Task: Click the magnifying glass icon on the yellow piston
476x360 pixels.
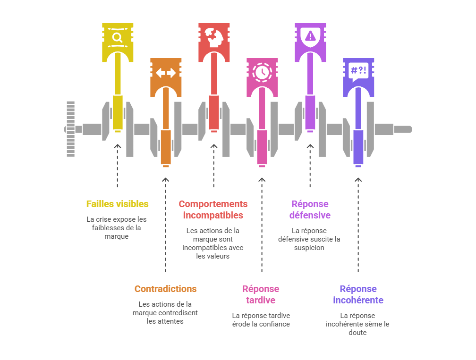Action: pos(118,37)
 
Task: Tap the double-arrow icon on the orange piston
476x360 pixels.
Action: pos(166,73)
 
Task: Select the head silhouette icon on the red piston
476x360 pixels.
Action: pos(214,36)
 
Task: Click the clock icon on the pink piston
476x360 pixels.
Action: pos(262,72)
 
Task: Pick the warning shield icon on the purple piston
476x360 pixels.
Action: pos(310,36)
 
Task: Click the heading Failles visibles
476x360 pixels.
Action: pos(117,204)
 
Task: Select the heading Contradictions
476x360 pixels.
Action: pos(165,289)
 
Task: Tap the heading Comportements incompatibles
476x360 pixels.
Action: pos(213,209)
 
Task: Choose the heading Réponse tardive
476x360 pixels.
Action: pos(261,294)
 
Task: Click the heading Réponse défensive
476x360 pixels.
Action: pos(310,209)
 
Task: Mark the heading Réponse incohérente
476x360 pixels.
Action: pos(358,294)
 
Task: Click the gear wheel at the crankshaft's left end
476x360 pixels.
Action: pos(70,129)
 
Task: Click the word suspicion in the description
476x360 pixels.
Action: pos(309,248)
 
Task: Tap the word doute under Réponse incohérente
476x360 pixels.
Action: pos(358,333)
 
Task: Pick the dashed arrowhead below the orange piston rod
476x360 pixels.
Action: pos(165,180)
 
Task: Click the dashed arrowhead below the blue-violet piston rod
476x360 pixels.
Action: pos(358,180)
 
